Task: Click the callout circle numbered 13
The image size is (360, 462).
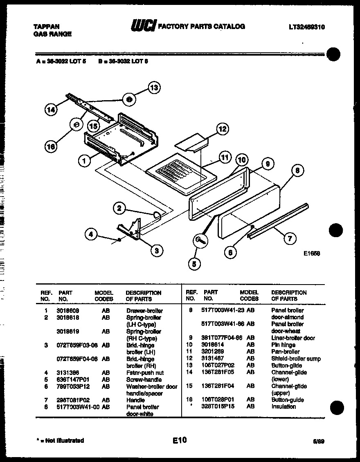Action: click(x=154, y=87)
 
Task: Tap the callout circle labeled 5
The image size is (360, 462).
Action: click(x=194, y=265)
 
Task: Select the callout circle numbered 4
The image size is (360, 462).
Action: click(x=91, y=234)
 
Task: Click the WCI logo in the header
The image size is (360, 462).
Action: click(x=143, y=27)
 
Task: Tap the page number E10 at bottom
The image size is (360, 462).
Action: click(x=179, y=440)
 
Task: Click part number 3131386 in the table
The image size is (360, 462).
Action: click(x=67, y=372)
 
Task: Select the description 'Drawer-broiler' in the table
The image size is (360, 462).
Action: click(x=144, y=311)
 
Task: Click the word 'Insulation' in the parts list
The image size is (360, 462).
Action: click(x=283, y=407)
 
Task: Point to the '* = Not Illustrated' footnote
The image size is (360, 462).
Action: click(x=61, y=440)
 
